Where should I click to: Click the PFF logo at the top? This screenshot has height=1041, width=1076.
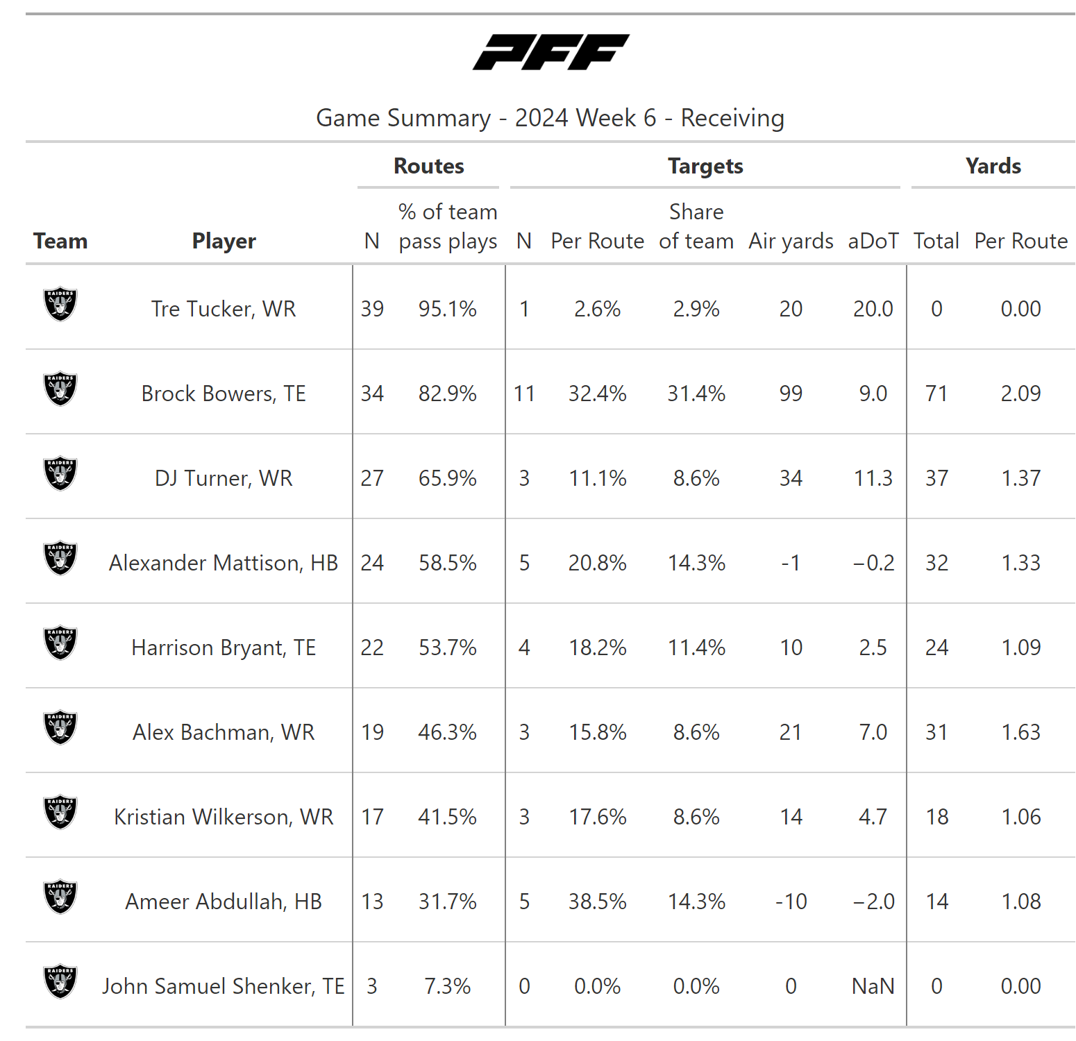[550, 52]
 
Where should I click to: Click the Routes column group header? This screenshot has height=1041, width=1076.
[428, 167]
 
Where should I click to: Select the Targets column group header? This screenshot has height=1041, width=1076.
[705, 167]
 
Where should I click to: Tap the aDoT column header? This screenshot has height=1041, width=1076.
[873, 241]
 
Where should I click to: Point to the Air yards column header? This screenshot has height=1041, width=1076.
[791, 241]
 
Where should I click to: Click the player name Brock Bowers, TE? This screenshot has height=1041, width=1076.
[224, 393]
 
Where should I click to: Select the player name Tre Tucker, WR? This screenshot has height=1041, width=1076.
[224, 309]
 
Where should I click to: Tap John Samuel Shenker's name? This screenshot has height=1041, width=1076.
[224, 986]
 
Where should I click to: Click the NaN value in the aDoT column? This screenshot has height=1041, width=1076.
[873, 986]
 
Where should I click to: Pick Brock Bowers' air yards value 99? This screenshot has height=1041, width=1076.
[791, 393]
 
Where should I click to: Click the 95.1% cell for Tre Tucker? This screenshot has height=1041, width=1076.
[447, 309]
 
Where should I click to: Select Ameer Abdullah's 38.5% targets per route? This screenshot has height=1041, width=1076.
[597, 902]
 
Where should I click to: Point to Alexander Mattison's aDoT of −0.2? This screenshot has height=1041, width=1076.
[873, 563]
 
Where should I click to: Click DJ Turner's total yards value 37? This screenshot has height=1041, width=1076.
[936, 478]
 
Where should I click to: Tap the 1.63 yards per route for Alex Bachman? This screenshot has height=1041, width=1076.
[1020, 732]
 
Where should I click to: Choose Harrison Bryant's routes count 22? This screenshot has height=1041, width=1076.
[372, 648]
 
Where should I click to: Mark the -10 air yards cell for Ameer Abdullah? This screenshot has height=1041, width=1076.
[791, 902]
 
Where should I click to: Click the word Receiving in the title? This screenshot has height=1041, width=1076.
[732, 118]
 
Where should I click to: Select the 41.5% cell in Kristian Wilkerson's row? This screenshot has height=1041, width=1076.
[447, 817]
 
